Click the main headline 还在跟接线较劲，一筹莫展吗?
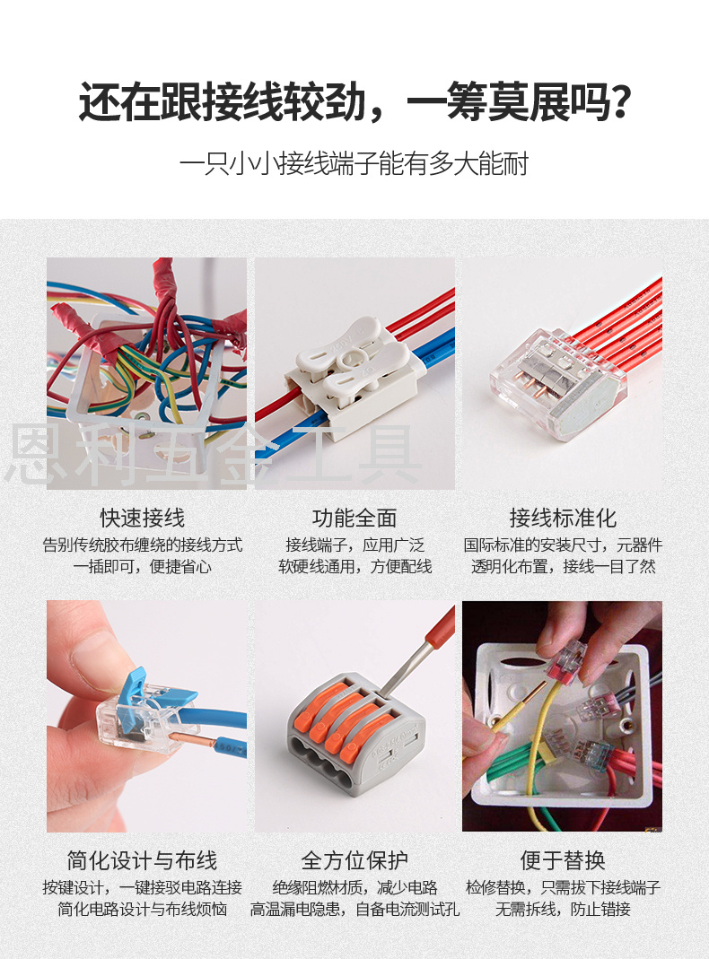pos(354,102)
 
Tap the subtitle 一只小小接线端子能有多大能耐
pos(354,164)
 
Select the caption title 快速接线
pos(143,518)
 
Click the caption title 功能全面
pos(354,518)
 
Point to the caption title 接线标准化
pos(563,518)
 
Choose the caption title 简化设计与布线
pos(142,860)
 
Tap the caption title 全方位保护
pos(354,860)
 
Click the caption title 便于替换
pos(563,860)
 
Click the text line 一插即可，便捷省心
pos(143,567)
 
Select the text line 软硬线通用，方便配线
pos(354,567)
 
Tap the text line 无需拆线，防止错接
pos(563,910)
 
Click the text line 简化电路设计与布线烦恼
pos(143,910)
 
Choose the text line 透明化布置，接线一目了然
pos(563,567)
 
